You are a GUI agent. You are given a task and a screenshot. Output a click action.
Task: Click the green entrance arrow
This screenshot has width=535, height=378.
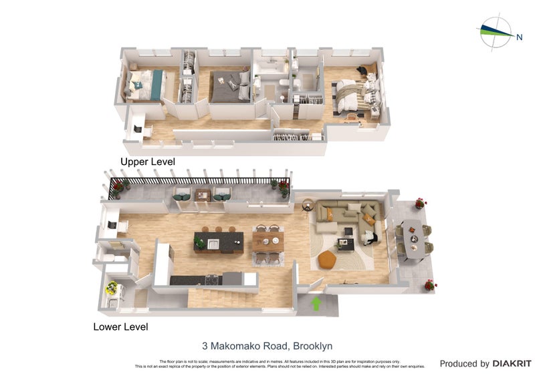tap(316, 304)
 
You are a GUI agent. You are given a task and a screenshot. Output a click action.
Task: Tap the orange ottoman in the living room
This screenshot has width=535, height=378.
tap(326, 259)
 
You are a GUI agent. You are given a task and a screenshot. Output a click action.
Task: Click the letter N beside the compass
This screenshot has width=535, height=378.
tap(519, 37)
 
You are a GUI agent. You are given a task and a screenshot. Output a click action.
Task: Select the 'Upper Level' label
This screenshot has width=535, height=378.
tap(147, 162)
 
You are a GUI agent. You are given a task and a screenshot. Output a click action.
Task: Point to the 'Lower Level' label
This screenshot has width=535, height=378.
tap(120, 327)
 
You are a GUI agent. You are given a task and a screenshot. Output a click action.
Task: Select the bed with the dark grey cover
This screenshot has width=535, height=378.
tap(229, 87)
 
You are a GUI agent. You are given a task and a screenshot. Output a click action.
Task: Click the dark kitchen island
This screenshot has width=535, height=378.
tap(219, 241)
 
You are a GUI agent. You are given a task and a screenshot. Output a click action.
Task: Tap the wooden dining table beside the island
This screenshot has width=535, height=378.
tap(267, 241)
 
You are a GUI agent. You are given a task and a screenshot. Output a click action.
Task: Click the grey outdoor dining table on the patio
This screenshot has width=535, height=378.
tap(413, 238)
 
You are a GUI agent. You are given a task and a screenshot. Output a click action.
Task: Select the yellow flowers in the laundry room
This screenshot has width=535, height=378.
tap(112, 287)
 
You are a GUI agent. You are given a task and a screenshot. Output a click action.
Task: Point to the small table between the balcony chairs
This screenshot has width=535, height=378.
tap(202, 194)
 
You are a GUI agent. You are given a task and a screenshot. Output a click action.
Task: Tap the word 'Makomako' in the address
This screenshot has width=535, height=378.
tap(235, 346)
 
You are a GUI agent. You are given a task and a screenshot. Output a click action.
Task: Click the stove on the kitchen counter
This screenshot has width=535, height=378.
tap(211, 278)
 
